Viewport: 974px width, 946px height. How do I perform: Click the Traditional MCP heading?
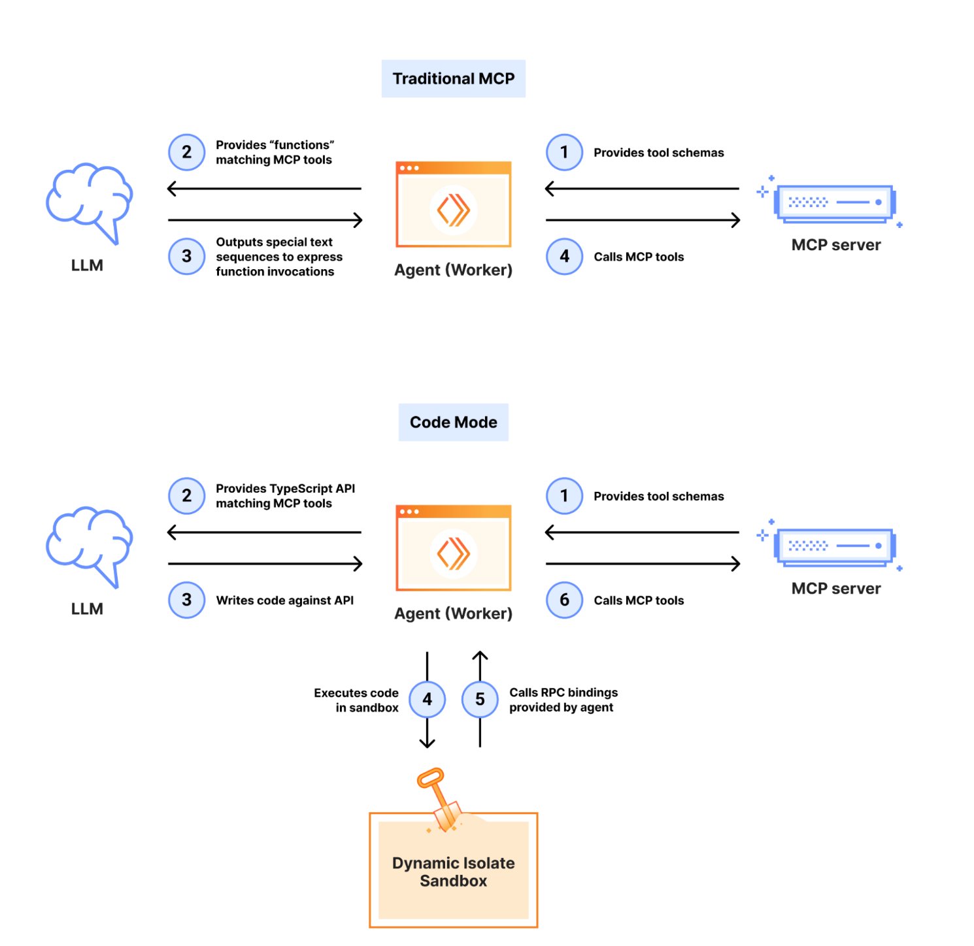[453, 78]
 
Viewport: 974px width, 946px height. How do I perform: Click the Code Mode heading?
[453, 422]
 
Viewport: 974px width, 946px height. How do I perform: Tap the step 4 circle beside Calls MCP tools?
[564, 256]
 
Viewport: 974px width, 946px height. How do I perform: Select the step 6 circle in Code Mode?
[564, 600]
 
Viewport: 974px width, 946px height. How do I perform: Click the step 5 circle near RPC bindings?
[480, 699]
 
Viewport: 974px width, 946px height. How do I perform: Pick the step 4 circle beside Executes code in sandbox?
[427, 699]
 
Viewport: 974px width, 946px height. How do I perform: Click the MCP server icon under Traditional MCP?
[835, 203]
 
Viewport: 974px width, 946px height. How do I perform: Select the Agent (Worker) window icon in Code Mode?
[453, 547]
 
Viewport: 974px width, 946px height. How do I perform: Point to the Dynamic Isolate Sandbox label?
[453, 872]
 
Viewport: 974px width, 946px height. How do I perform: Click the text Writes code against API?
[284, 600]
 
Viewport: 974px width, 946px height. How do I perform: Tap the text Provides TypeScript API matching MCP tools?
[285, 496]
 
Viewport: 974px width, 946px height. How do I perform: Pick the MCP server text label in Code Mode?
[835, 589]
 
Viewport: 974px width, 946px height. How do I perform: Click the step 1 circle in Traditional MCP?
[564, 152]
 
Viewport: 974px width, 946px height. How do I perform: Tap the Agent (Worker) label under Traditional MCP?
[453, 270]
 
